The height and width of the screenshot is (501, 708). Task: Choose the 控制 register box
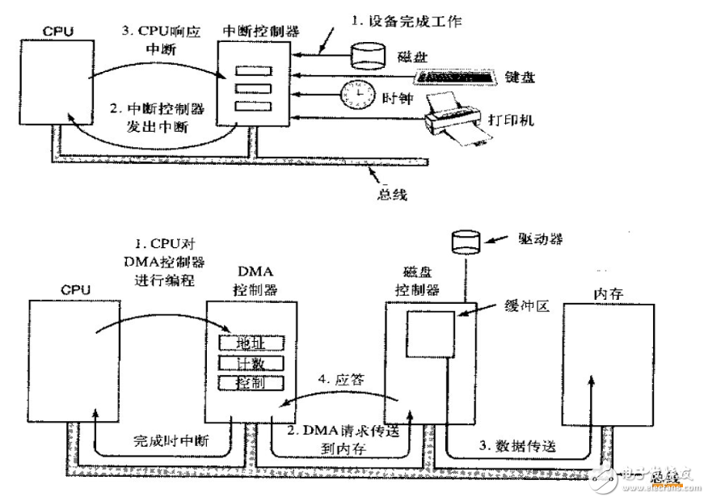251,382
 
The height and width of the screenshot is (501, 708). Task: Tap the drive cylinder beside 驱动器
467,241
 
